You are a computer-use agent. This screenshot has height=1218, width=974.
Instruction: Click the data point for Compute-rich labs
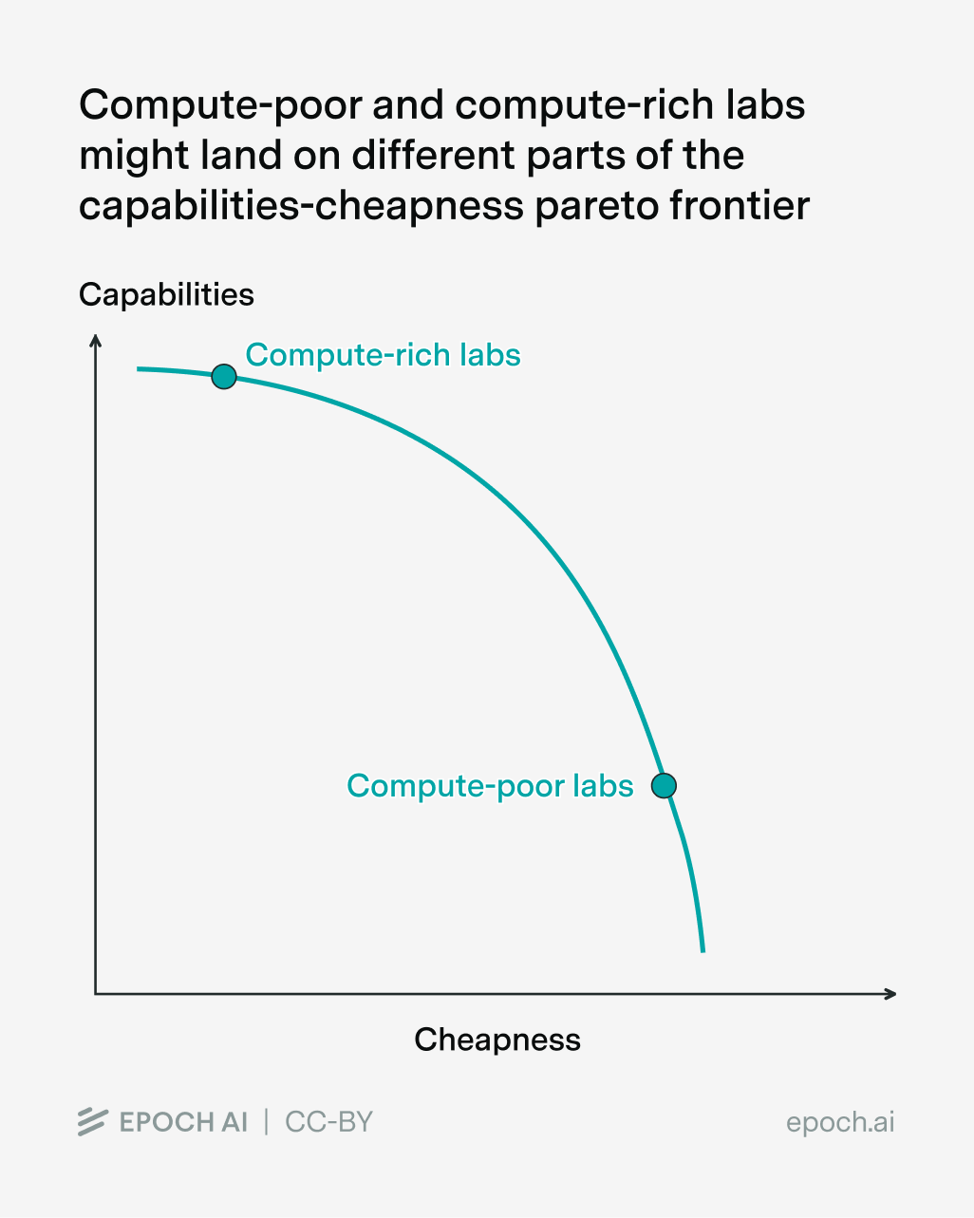(x=223, y=377)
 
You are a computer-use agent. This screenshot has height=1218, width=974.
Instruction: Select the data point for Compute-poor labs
(x=665, y=786)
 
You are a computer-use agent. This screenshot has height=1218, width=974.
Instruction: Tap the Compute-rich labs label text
(x=383, y=355)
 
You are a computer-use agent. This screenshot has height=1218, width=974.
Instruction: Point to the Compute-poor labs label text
(x=490, y=786)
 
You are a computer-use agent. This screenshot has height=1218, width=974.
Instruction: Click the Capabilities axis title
(x=166, y=294)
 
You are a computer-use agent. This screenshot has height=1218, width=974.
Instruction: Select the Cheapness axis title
(x=497, y=1040)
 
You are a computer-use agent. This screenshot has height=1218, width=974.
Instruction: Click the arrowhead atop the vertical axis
(x=95, y=339)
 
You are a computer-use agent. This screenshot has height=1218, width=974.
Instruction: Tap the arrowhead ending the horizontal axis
(x=890, y=994)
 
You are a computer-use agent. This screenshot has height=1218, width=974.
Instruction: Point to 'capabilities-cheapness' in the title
(x=301, y=205)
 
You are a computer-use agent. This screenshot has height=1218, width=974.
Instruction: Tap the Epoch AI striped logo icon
(x=92, y=1122)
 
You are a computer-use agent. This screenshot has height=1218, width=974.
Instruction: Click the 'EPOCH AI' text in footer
(x=183, y=1122)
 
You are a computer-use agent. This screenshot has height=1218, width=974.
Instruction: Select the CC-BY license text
(x=328, y=1122)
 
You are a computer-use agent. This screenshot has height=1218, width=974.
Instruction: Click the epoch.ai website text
(x=840, y=1122)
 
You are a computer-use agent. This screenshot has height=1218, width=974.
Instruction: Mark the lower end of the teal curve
(x=702, y=949)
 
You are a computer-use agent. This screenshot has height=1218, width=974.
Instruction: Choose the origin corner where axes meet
(x=96, y=994)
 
